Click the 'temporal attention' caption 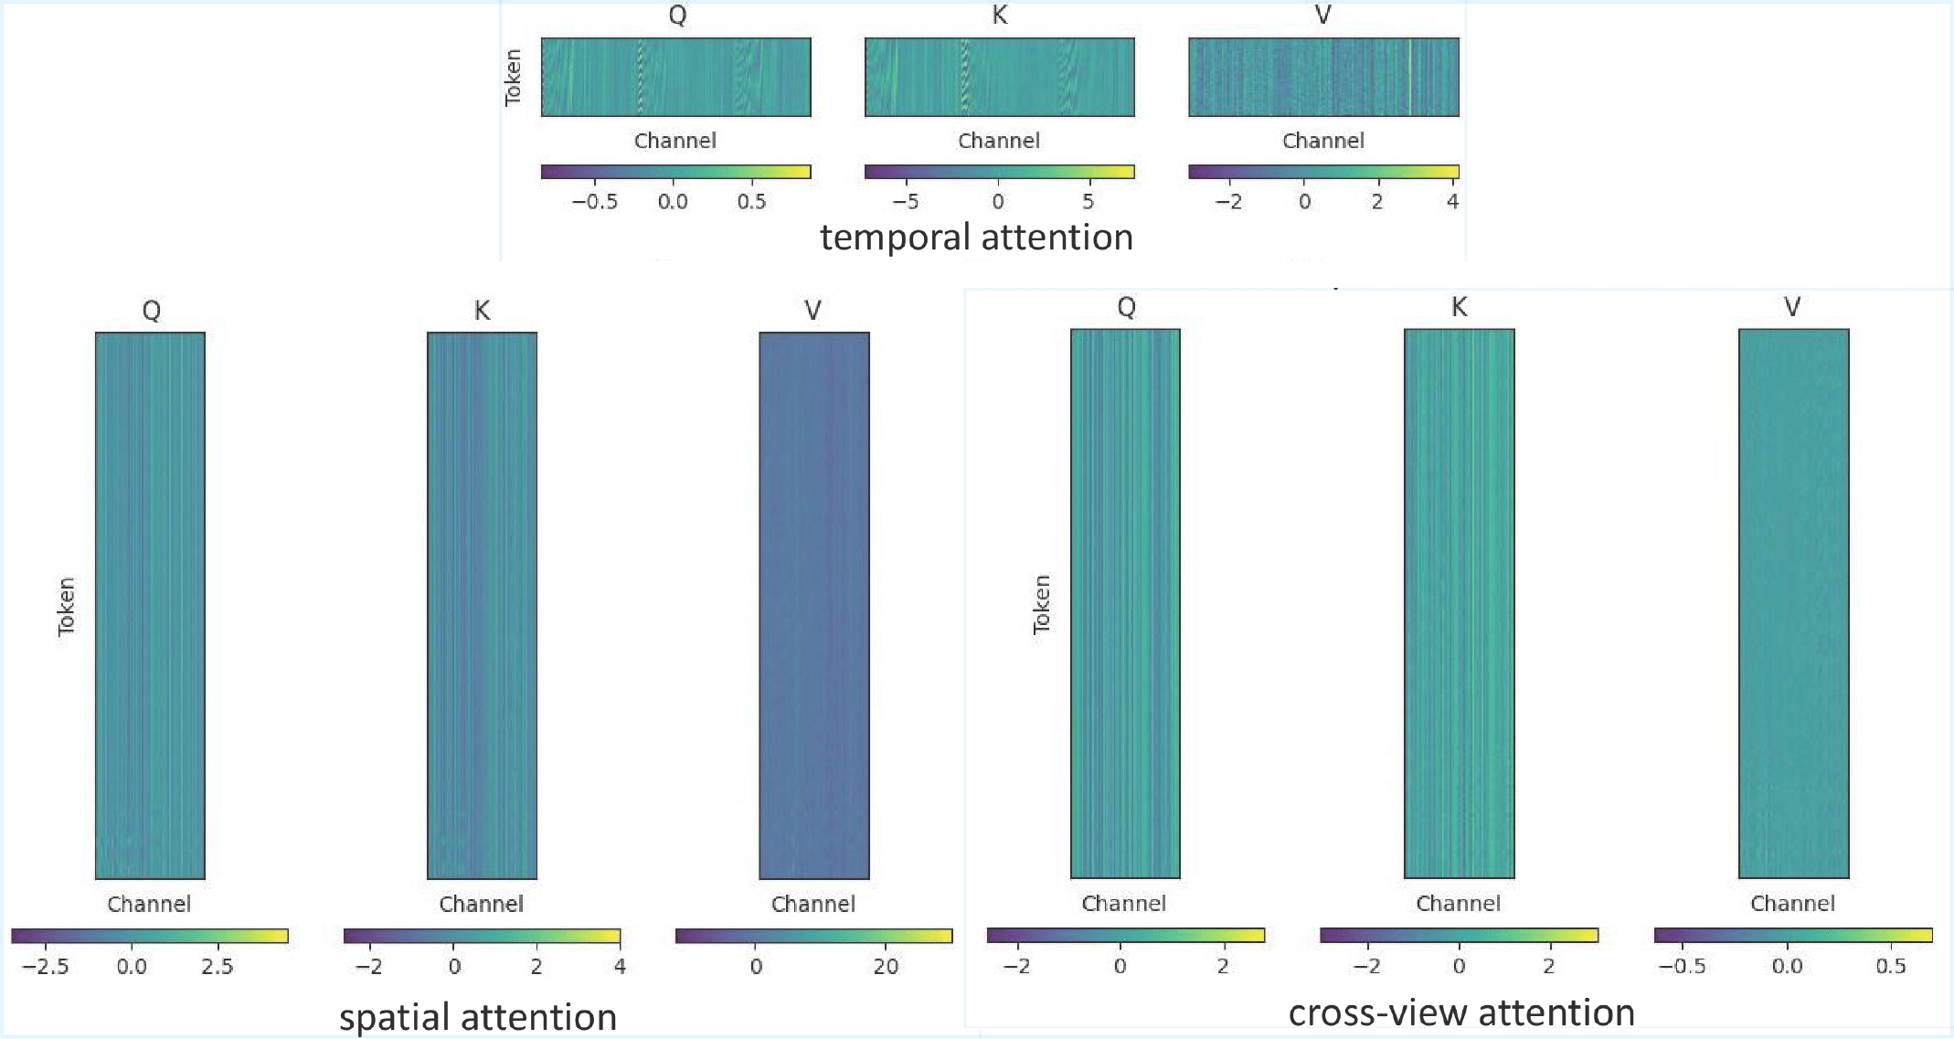(x=976, y=237)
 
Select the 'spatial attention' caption (x=478, y=1016)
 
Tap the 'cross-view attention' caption (x=1461, y=1012)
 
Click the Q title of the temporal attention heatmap (x=677, y=15)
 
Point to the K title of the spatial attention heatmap (x=482, y=311)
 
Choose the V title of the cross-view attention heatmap (x=1792, y=307)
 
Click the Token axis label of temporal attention (x=513, y=78)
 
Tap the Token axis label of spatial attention (x=66, y=606)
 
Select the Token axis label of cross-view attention (x=1041, y=604)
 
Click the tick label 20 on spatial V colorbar (x=885, y=966)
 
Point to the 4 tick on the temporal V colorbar (x=1452, y=201)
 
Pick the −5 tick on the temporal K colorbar (x=905, y=201)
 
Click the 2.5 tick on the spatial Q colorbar (x=218, y=966)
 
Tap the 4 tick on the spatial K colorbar (x=620, y=966)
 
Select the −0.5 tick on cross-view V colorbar (x=1683, y=966)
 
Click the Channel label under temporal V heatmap (x=1322, y=141)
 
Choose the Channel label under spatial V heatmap (x=812, y=904)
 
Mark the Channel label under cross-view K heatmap (x=1458, y=903)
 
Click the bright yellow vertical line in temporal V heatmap (x=1410, y=78)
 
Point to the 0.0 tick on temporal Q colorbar (x=673, y=201)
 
